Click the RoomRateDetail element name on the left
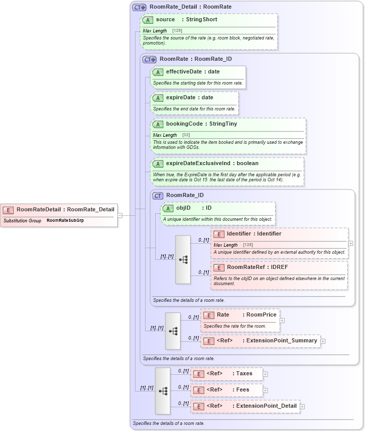tap(39, 209)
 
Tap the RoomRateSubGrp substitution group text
tap(65, 221)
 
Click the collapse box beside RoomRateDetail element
tap(120, 215)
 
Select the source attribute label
tap(165, 20)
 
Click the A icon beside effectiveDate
tap(158, 72)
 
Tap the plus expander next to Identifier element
tap(351, 244)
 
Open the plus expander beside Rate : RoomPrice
tap(282, 320)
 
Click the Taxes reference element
tap(244, 374)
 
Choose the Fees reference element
tap(243, 390)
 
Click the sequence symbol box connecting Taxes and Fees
tap(163, 390)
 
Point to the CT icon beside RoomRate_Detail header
tap(139, 7)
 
